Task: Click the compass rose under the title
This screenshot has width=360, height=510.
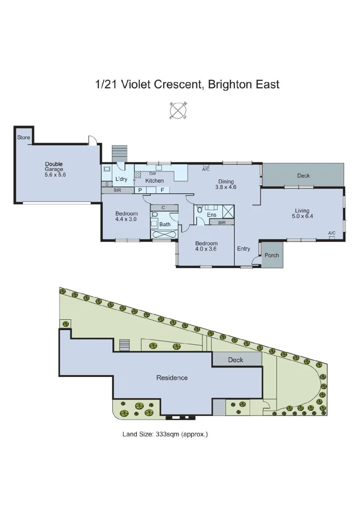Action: [x=178, y=111]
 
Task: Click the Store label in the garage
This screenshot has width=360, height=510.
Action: [x=24, y=137]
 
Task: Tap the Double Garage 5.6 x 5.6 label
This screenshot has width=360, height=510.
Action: [x=54, y=169]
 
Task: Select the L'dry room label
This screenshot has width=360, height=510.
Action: [x=121, y=179]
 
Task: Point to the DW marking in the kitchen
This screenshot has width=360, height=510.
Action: [x=152, y=174]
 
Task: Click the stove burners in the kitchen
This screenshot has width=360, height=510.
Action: [x=137, y=175]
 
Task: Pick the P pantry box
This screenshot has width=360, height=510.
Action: [x=140, y=190]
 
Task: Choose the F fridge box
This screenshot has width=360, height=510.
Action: [x=162, y=190]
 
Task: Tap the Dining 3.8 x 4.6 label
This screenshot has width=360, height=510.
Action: [x=226, y=184]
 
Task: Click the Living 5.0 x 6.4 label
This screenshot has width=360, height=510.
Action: [x=302, y=213]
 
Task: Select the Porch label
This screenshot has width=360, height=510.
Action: [x=272, y=255]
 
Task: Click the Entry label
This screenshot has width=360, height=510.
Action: [x=243, y=249]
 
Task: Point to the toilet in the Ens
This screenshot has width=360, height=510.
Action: [x=200, y=208]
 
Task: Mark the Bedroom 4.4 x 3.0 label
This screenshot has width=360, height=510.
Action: [x=126, y=216]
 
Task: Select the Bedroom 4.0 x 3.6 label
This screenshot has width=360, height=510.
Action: [x=206, y=246]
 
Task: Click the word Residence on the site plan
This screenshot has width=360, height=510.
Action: [x=172, y=378]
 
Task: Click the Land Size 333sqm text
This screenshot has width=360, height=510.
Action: [x=165, y=434]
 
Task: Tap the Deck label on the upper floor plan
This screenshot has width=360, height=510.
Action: [x=303, y=176]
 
